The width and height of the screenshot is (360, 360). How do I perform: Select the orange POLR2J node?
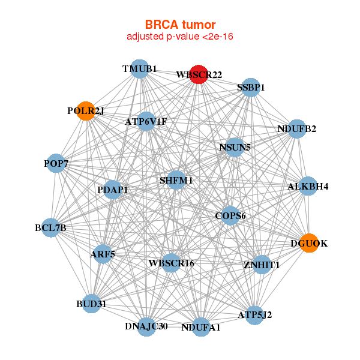86,111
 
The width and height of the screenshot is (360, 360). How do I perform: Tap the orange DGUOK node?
308,243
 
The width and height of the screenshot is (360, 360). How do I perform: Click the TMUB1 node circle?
139,68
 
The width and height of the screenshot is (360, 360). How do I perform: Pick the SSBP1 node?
251,88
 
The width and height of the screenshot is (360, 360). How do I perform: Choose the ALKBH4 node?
308,186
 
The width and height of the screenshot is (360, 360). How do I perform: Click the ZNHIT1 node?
262,264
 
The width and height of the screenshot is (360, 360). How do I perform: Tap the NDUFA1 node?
201,327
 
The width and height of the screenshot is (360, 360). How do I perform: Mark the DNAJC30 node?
146,326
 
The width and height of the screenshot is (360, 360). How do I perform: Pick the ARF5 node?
103,254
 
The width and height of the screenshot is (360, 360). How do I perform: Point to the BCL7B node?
51,227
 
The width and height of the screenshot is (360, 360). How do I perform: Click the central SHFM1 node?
176,180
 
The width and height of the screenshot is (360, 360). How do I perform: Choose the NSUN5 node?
234,146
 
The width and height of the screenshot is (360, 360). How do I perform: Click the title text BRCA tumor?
180,25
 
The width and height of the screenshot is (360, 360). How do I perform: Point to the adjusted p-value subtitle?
180,37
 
